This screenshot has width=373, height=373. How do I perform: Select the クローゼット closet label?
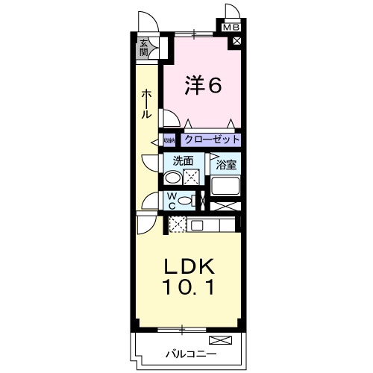[212, 140]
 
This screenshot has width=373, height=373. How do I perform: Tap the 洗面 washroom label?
[183, 160]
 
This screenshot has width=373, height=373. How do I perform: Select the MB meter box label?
[233, 28]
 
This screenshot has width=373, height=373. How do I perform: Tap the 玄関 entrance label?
[143, 47]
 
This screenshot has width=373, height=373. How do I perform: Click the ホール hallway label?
[146, 104]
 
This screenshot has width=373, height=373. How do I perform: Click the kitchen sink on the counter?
[199, 225]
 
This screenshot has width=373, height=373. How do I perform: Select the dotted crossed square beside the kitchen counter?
[177, 224]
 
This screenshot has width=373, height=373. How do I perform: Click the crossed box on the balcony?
[227, 340]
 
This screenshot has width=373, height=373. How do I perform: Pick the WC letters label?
[171, 201]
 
